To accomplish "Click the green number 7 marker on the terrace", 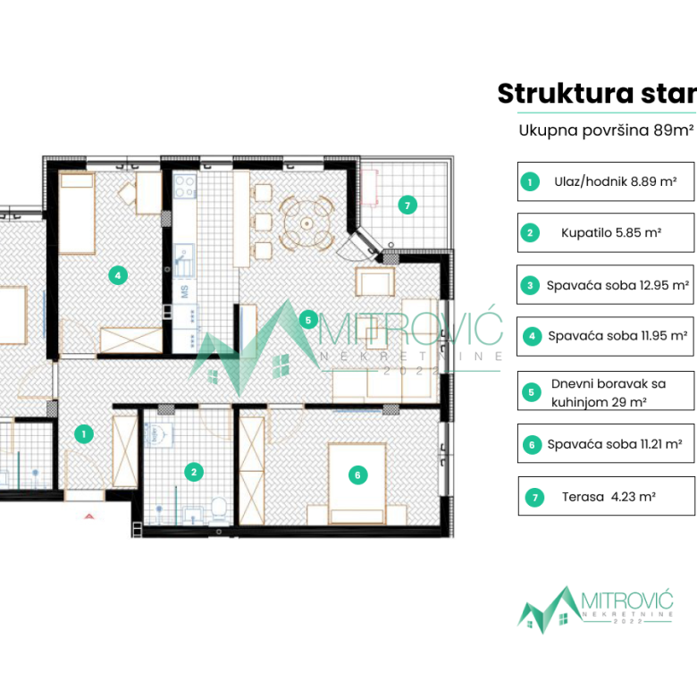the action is click(x=407, y=206).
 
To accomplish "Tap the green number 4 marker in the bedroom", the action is click(x=118, y=275).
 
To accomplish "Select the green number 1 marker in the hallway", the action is click(x=84, y=434).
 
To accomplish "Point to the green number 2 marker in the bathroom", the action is click(x=194, y=472).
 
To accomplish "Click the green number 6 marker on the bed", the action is click(x=357, y=475).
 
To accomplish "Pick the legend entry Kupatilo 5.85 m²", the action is click(x=606, y=232).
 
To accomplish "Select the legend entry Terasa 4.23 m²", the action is click(x=607, y=496).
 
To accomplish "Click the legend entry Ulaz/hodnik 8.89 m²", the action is click(x=606, y=181).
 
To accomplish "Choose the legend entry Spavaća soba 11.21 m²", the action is click(x=606, y=443).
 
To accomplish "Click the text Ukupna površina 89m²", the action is click(x=606, y=130).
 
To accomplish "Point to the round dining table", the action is click(x=307, y=223).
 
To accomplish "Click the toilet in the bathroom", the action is click(x=219, y=510).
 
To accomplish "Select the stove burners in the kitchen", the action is click(x=185, y=187).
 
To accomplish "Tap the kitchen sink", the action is click(x=183, y=261).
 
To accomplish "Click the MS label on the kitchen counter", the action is click(x=184, y=291).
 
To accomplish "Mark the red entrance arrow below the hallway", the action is click(x=88, y=516).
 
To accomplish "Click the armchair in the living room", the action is click(x=374, y=281).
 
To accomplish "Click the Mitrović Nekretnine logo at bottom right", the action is click(x=595, y=609).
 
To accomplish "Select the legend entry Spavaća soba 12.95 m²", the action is click(x=605, y=285).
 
